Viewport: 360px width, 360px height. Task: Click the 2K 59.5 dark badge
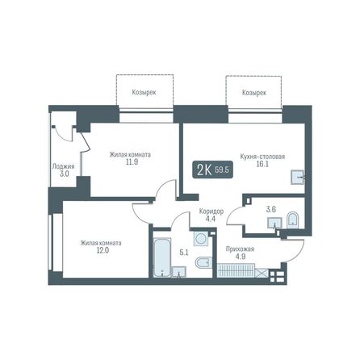[x=212, y=170]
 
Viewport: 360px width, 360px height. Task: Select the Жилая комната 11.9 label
[x=130, y=158]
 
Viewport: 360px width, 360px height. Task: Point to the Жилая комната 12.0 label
[x=100, y=246]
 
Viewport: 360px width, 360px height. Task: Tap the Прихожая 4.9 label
[x=240, y=253]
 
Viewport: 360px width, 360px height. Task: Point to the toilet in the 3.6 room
[x=291, y=218]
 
